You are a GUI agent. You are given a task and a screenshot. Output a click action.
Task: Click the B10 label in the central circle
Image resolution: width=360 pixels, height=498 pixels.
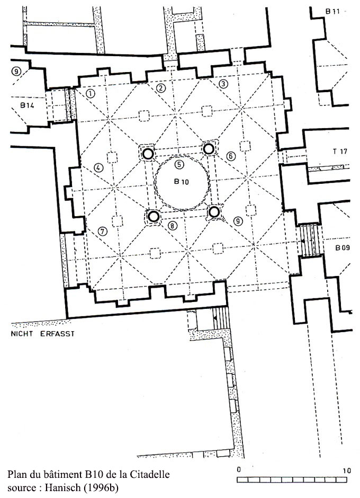pyautogui.click(x=181, y=182)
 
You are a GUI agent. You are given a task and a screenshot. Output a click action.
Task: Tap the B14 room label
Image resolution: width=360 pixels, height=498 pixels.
pyautogui.click(x=27, y=105)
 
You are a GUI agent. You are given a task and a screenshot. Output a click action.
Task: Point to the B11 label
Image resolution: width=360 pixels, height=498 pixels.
pyautogui.click(x=332, y=12)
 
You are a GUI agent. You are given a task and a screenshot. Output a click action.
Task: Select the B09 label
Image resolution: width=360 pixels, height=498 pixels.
pyautogui.click(x=343, y=247)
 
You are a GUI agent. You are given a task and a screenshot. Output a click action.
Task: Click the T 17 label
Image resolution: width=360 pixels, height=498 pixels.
pyautogui.click(x=340, y=151)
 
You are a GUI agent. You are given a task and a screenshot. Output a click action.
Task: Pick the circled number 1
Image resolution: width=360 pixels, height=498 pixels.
pyautogui.click(x=91, y=93)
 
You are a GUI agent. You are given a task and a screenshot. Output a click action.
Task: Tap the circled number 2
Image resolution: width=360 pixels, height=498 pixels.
pyautogui.click(x=161, y=88)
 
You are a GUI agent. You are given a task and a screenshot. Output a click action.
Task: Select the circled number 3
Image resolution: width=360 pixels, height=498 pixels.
pyautogui.click(x=223, y=84)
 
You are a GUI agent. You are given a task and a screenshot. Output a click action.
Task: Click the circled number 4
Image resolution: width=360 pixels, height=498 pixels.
pyautogui.click(x=98, y=168)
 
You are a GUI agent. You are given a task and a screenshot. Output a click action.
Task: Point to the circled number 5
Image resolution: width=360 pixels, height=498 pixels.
pyautogui.click(x=179, y=165)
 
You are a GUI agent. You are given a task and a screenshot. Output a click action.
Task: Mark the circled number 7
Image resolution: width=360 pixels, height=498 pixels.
pyautogui.click(x=103, y=231)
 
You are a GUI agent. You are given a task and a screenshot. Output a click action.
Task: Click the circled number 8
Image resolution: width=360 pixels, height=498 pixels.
pyautogui.click(x=172, y=226)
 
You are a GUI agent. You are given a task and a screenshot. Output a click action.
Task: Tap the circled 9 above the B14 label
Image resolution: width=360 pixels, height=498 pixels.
pyautogui.click(x=16, y=72)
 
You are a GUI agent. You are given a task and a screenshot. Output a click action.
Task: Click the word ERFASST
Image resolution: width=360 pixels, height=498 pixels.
pyautogui.click(x=58, y=334)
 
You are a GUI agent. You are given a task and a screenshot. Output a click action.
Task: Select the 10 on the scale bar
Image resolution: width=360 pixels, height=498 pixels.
pyautogui.click(x=347, y=470)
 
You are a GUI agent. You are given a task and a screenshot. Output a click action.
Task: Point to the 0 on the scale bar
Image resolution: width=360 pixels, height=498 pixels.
pyautogui.click(x=239, y=470)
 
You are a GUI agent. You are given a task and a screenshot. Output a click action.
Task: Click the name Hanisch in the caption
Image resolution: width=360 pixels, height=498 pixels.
pyautogui.click(x=62, y=487)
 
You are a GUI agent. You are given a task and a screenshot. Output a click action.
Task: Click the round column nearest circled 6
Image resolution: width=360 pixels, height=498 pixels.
pyautogui.click(x=209, y=148)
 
